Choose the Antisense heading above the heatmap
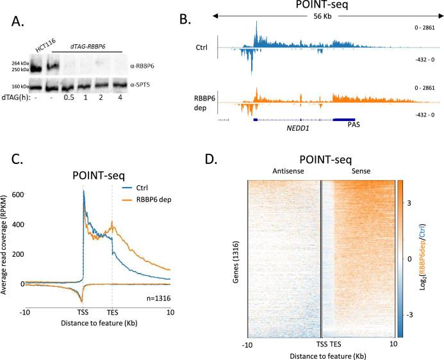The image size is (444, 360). coord(282,169)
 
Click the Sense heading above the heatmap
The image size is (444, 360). coord(356,169)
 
